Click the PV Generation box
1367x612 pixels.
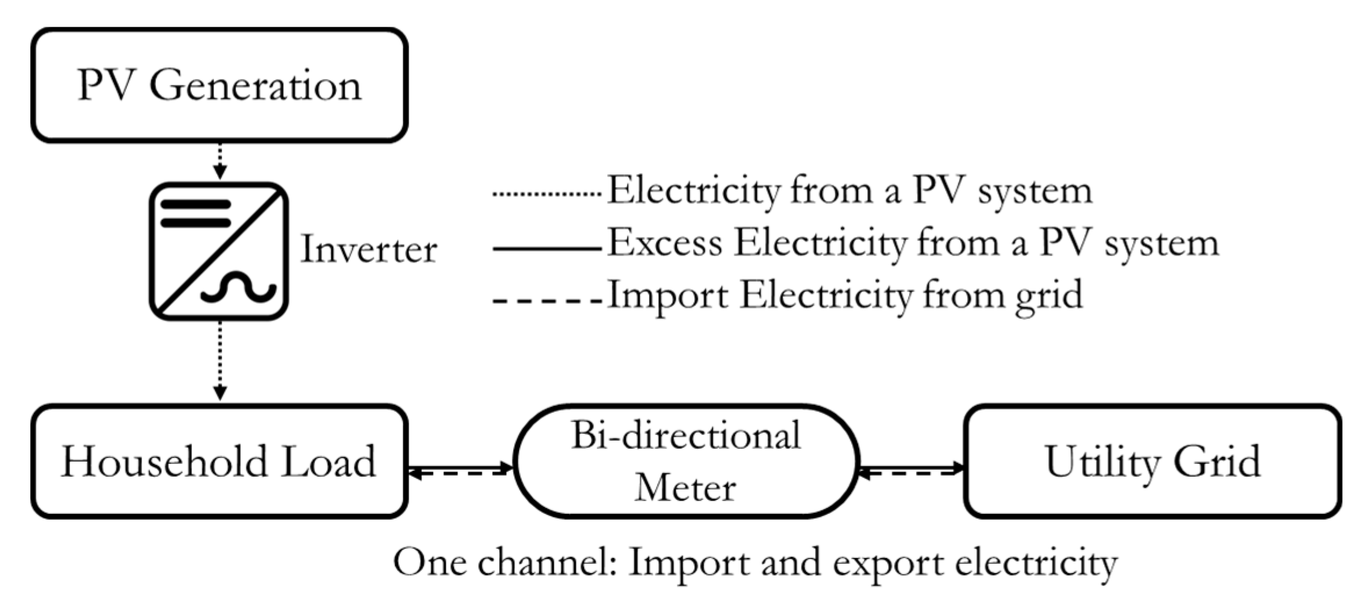click(x=219, y=85)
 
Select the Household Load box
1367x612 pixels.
click(x=219, y=461)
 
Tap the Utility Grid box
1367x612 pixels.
click(x=1152, y=461)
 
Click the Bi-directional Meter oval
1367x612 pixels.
click(x=686, y=461)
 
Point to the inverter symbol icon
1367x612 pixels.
click(x=219, y=251)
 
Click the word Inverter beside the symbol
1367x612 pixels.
click(x=369, y=250)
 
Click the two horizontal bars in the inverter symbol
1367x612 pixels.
click(x=195, y=214)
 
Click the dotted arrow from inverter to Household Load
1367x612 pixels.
click(x=219, y=360)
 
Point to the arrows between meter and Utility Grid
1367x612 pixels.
click(x=910, y=469)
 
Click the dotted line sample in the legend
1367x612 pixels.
click(x=546, y=194)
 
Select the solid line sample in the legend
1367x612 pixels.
click(x=546, y=249)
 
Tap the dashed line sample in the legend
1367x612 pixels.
click(x=546, y=301)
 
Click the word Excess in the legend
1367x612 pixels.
click(x=665, y=243)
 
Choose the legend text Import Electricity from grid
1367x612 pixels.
click(x=845, y=296)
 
